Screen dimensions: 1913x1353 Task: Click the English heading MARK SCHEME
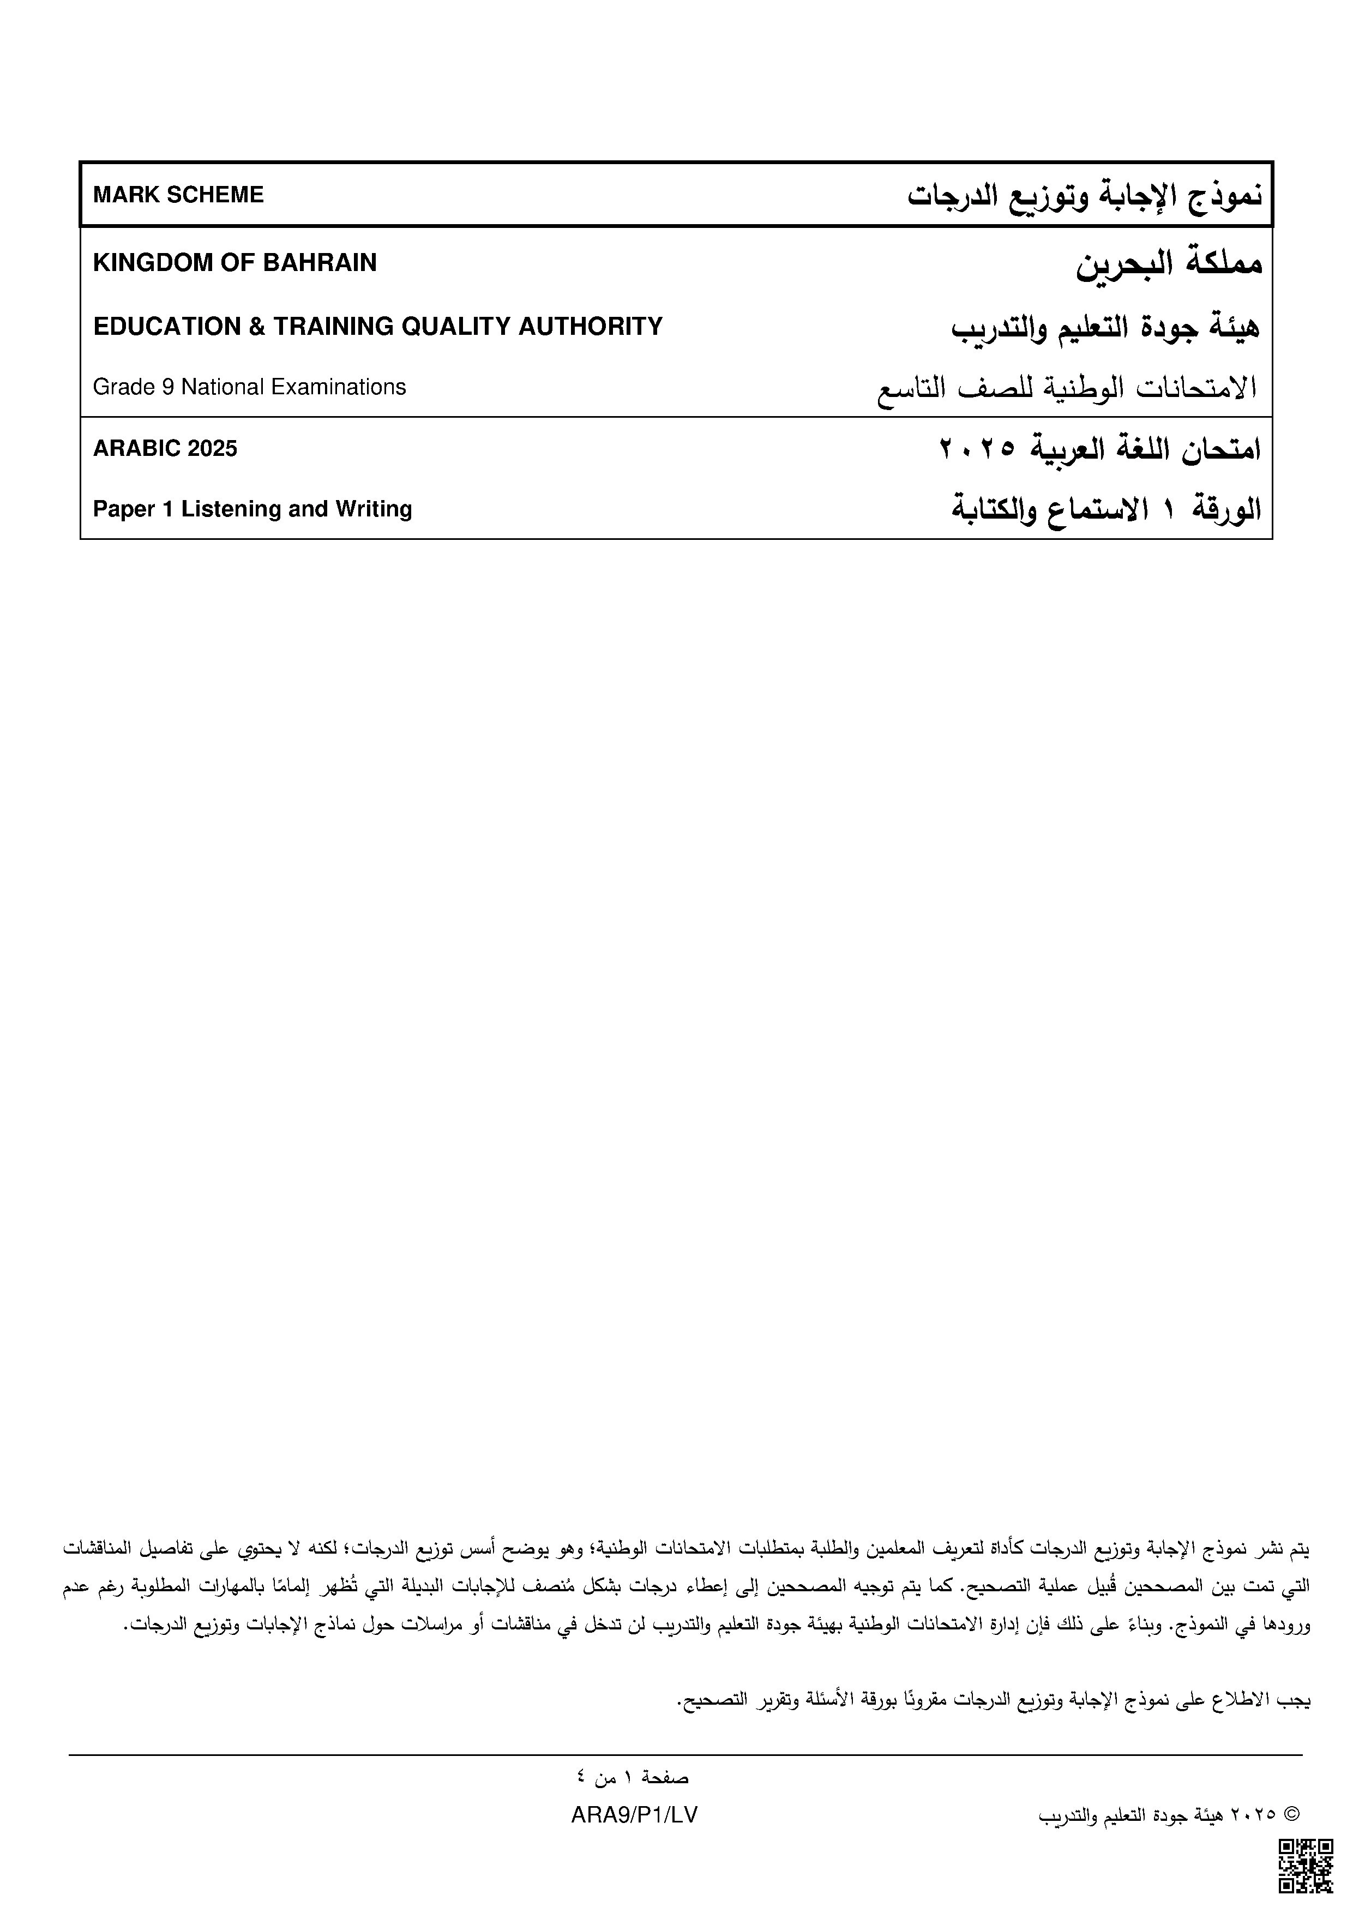point(178,195)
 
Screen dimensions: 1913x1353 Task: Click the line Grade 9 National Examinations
point(249,387)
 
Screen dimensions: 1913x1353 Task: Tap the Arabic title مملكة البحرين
point(1169,263)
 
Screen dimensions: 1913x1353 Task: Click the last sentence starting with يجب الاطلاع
point(994,1701)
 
